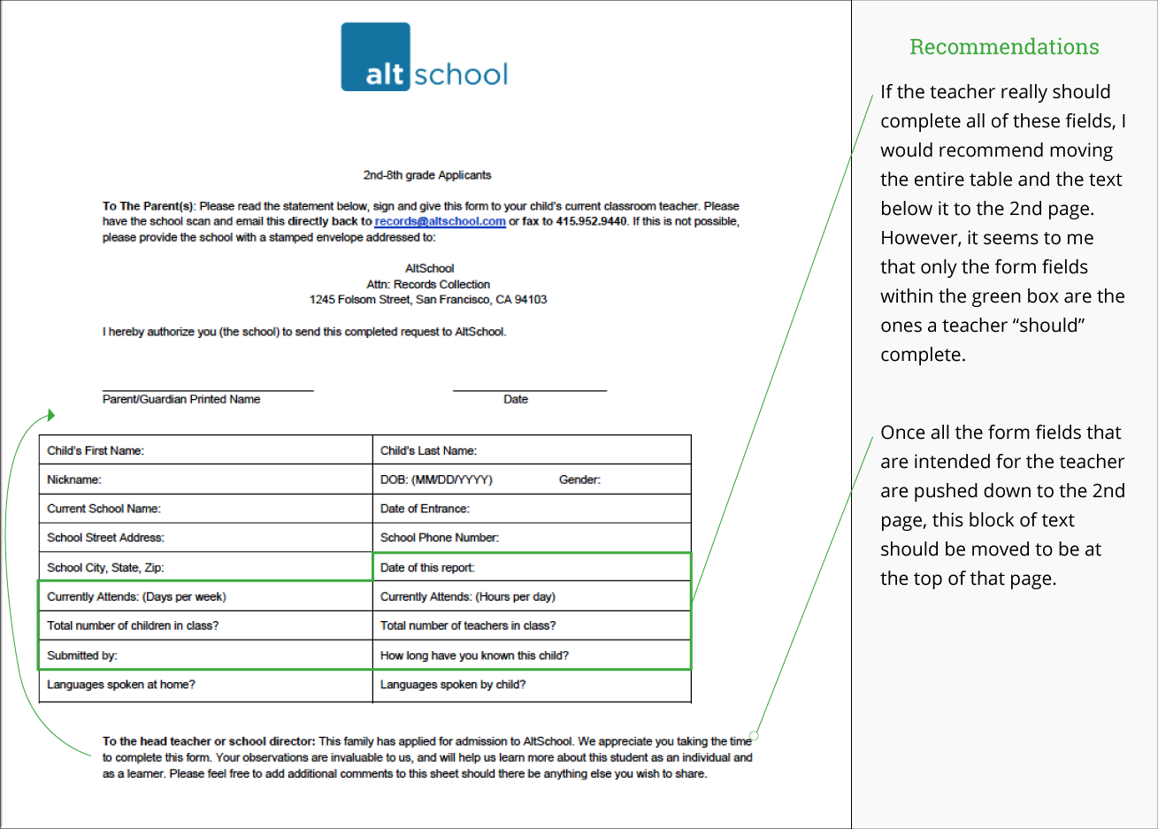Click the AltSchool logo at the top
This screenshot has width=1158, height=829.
click(x=425, y=58)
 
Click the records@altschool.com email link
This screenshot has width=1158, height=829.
click(x=440, y=221)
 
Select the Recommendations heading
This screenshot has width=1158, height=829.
click(x=1004, y=47)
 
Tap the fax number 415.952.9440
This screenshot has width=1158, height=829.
click(x=591, y=221)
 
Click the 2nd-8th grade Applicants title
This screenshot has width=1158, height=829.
click(x=426, y=175)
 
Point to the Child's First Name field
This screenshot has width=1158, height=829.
click(x=205, y=450)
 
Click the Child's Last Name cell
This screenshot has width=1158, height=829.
click(x=531, y=450)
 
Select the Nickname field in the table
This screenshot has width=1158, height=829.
click(x=205, y=480)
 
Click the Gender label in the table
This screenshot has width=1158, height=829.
click(x=579, y=480)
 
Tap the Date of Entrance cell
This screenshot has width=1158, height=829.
click(x=531, y=509)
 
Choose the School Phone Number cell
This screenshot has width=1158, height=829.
click(x=531, y=538)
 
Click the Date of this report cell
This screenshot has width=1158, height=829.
click(x=531, y=567)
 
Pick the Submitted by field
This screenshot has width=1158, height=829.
click(x=205, y=656)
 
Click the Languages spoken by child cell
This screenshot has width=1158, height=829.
click(x=531, y=685)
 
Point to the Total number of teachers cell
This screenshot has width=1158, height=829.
click(x=531, y=626)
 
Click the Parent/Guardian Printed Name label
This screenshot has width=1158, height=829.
click(x=181, y=399)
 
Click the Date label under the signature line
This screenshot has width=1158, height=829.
click(x=516, y=399)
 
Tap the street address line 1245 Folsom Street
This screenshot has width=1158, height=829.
click(x=428, y=300)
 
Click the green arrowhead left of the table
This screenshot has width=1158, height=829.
click(x=51, y=415)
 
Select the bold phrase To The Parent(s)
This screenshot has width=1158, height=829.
click(x=148, y=206)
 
